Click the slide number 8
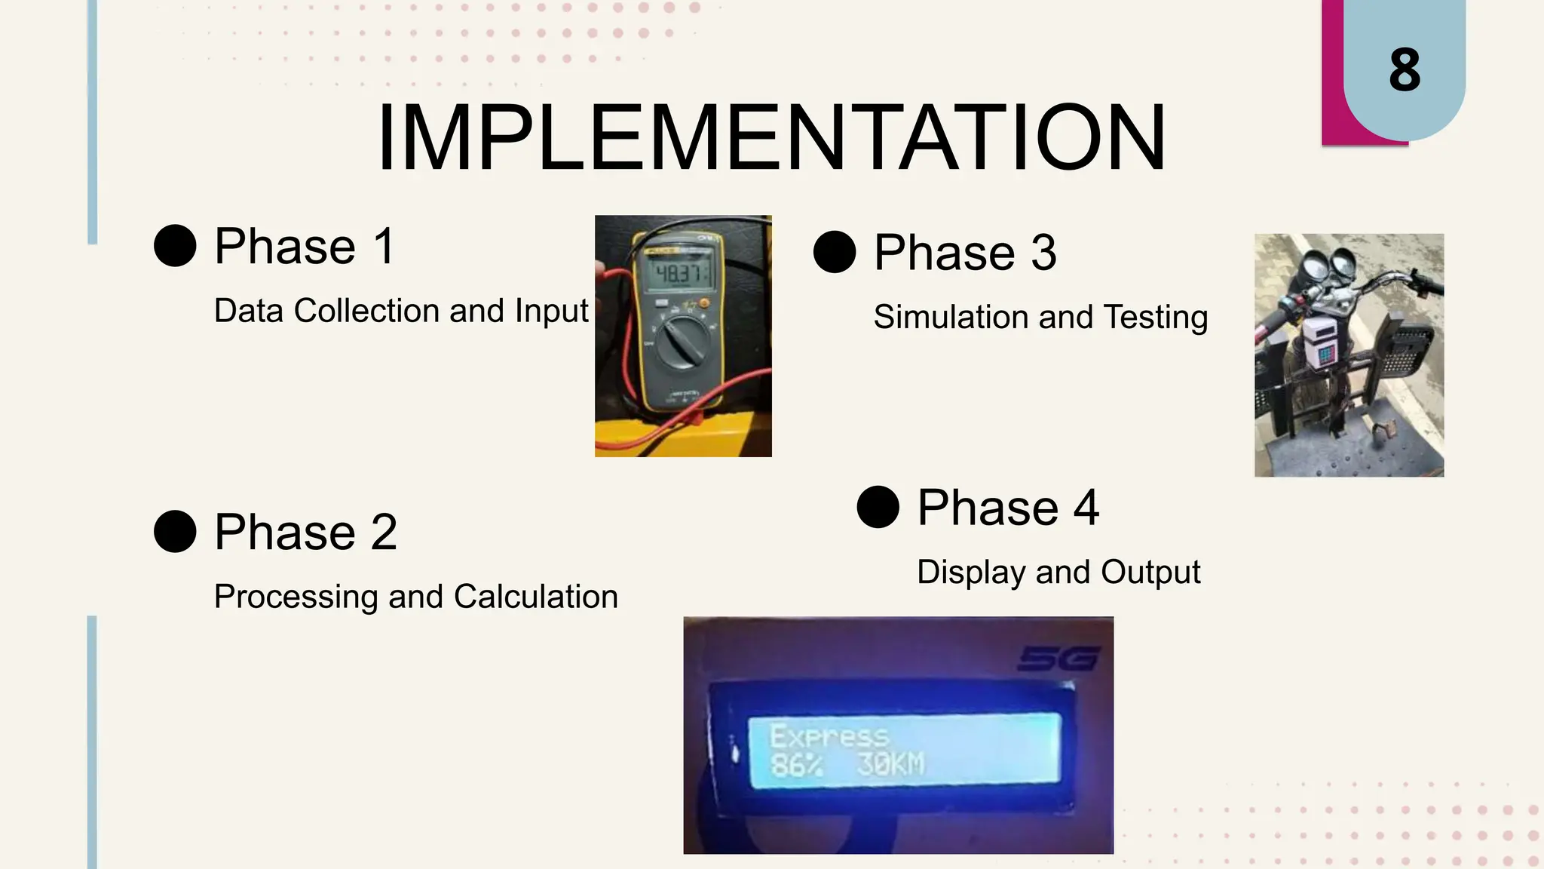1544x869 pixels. click(1405, 70)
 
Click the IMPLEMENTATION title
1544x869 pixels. click(771, 138)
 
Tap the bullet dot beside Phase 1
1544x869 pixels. click(175, 245)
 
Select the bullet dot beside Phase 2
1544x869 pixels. click(175, 531)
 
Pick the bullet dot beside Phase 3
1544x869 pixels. click(835, 252)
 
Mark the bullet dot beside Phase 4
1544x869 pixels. click(878, 507)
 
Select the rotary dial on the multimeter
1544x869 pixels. click(683, 343)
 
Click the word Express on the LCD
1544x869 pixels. click(829, 736)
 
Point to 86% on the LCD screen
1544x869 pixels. click(796, 765)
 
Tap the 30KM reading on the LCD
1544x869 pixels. click(890, 764)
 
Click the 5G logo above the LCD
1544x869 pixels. click(1058, 659)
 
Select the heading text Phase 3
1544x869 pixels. click(965, 252)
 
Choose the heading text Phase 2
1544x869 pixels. click(305, 531)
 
